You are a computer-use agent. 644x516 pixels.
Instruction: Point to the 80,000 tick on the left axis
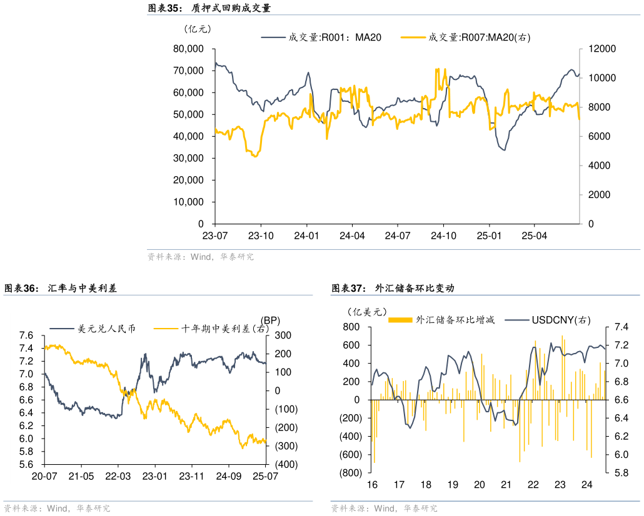188,49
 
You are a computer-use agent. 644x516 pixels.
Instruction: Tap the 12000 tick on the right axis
599,49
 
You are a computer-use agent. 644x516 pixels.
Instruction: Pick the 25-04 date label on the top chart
534,236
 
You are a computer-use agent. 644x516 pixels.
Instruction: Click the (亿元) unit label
198,28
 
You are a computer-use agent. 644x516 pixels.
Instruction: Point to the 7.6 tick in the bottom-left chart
26,335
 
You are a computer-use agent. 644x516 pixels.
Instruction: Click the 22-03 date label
118,477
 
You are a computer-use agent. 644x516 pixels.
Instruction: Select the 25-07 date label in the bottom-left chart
265,477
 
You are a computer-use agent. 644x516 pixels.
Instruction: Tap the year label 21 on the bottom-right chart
506,485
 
